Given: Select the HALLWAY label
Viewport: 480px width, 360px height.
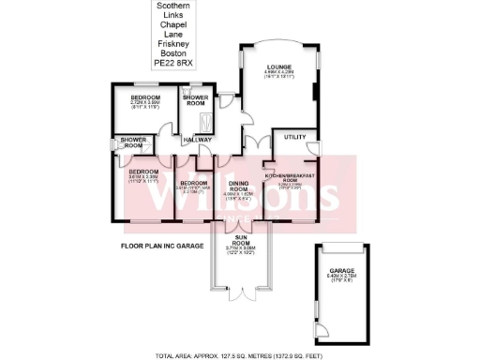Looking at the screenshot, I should pos(198,141).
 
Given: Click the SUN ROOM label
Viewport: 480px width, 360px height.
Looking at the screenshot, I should pos(241,239).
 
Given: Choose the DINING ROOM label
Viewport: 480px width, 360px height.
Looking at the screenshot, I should pos(238,185).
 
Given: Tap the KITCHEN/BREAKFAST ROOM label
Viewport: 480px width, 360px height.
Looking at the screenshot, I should pos(295,178).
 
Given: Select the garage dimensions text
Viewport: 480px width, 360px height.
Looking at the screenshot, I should pos(344,278).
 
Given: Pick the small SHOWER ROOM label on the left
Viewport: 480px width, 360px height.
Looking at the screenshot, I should pos(130,143).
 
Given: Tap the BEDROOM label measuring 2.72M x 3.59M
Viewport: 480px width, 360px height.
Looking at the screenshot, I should pos(146,97).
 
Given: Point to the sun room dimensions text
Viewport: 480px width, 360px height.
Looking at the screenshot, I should pos(241,251).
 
